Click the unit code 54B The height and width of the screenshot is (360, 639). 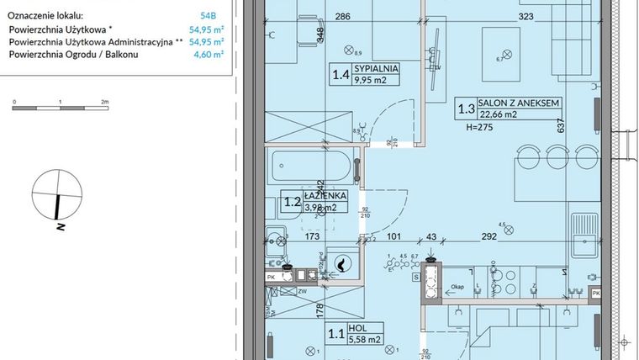(208, 15)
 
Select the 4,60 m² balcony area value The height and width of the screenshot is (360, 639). (212, 55)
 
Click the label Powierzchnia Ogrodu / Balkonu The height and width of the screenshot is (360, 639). (73, 55)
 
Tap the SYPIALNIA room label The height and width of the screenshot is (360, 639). (376, 69)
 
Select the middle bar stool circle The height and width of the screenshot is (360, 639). (556, 156)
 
